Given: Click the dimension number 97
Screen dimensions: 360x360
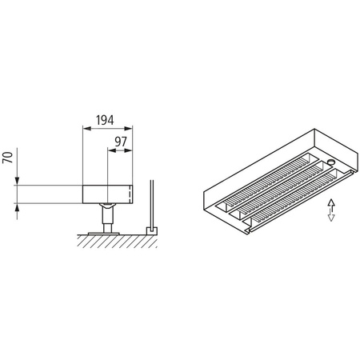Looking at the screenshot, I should (121, 143).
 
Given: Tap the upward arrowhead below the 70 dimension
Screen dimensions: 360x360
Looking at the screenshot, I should (18, 206).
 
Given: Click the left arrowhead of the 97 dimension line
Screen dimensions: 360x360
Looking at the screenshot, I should (110, 154).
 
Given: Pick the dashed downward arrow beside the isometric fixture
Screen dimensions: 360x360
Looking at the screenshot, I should (330, 215).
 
